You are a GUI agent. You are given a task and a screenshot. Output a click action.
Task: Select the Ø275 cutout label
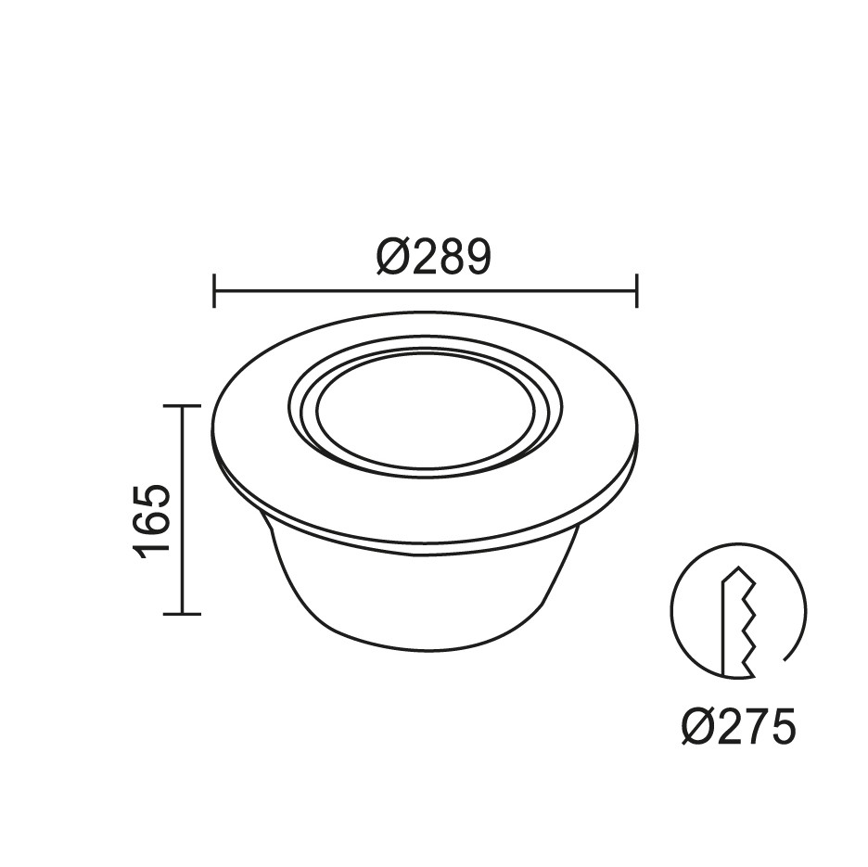pos(738,725)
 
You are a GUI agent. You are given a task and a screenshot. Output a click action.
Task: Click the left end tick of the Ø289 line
pos(214,290)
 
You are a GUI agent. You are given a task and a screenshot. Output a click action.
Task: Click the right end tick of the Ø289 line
pos(637,290)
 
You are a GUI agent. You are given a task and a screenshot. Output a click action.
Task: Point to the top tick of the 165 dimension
pos(182,406)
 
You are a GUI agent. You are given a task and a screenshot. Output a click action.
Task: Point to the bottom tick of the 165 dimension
pos(182,614)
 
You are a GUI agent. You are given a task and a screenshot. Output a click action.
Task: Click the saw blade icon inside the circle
pos(737,622)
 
